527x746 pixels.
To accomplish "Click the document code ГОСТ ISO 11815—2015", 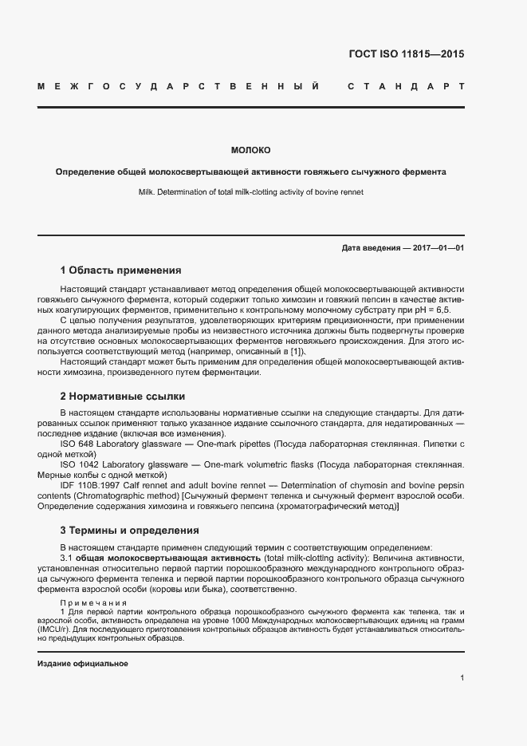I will click(407, 55).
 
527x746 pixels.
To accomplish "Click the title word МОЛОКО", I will click(250, 150).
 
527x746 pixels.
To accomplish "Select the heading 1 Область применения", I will click(121, 270).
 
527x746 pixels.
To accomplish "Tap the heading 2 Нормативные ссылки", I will click(123, 396).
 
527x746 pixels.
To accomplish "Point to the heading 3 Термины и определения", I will click(130, 530).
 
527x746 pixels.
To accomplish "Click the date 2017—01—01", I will click(438, 248).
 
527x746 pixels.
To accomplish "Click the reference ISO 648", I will click(77, 443).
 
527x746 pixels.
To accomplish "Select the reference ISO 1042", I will click(81, 464).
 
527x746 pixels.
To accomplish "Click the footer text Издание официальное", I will click(83, 664).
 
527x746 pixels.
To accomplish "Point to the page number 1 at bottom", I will click(462, 678).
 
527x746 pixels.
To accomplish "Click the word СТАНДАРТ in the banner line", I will click(406, 85).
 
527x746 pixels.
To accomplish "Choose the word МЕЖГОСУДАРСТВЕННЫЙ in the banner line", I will click(179, 85).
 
